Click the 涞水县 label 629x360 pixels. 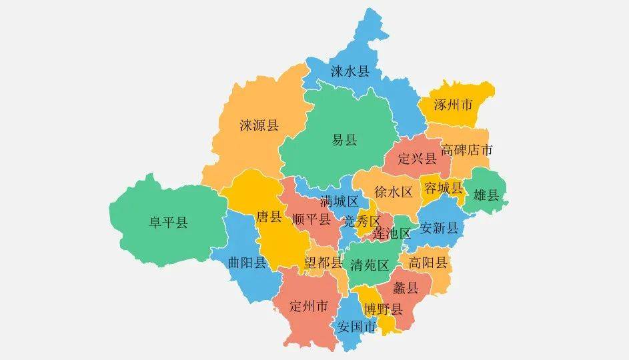tap(350, 71)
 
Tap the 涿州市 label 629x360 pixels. tap(453, 105)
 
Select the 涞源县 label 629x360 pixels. tap(259, 125)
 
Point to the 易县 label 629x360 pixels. tap(345, 140)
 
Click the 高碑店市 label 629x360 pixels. tap(467, 150)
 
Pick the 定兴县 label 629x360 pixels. tap(417, 159)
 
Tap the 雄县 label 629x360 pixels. tap(486, 195)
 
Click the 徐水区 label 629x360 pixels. tap(394, 192)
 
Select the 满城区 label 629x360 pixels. tap(339, 201)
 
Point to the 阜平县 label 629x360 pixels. tap(168, 223)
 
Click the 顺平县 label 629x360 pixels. tap(311, 219)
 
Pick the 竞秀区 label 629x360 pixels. tap(362, 221)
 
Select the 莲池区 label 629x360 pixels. tap(392, 234)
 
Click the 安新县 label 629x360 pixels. tap(440, 228)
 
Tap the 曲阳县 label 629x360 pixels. tap(247, 262)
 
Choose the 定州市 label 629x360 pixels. tap(309, 307)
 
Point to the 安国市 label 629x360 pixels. tap(357, 327)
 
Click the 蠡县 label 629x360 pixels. tap(406, 288)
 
